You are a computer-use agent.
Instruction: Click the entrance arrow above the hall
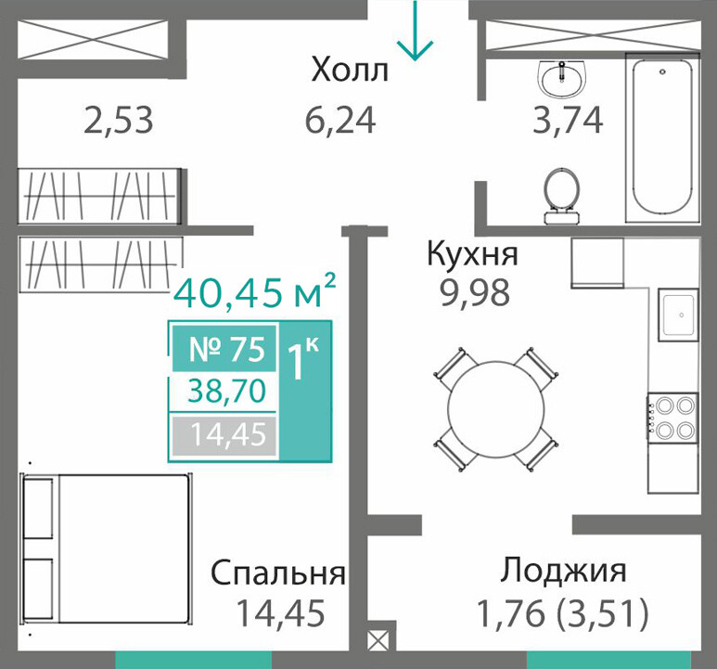[415, 31]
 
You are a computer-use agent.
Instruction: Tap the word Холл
[350, 71]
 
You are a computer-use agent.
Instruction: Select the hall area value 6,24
[340, 120]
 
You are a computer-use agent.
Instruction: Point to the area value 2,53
[119, 121]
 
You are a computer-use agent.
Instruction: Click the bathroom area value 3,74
[568, 120]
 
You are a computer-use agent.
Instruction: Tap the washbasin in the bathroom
[561, 80]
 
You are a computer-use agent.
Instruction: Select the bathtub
[661, 137]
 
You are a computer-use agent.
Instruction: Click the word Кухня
[472, 253]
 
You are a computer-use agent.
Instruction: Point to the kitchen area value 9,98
[475, 292]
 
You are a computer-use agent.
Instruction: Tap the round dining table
[496, 408]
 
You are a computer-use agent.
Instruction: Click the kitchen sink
[678, 315]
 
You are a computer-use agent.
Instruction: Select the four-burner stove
[672, 418]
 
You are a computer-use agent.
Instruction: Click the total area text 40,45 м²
[255, 291]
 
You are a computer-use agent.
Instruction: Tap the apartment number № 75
[226, 349]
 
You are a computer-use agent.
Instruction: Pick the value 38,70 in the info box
[227, 391]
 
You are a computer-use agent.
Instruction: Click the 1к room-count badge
[301, 360]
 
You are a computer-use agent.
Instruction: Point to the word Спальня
[278, 573]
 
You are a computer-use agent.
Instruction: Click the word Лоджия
[563, 571]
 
